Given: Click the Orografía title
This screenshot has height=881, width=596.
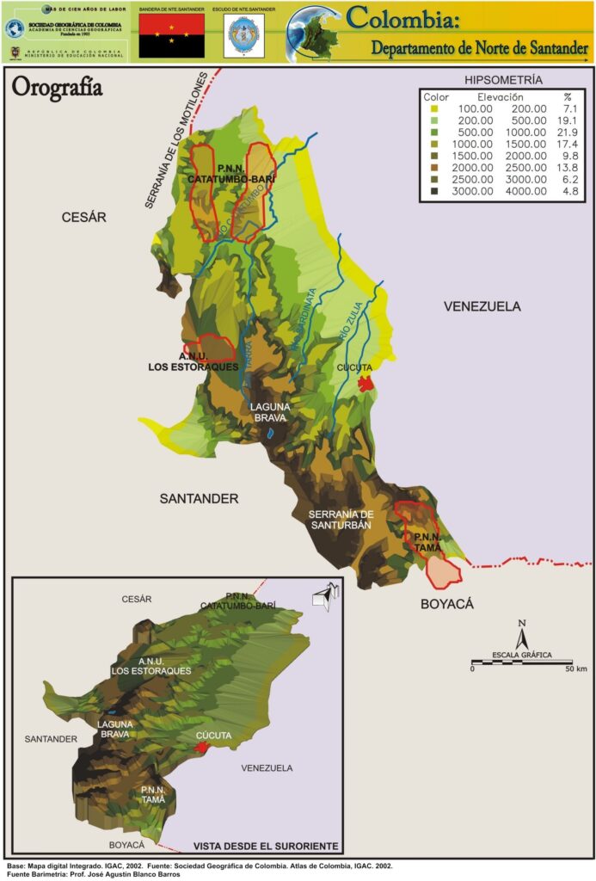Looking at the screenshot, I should click(57, 87).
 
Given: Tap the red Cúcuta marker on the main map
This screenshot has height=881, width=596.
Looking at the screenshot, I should click(366, 383).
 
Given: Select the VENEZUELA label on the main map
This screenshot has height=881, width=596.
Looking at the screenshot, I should click(482, 306).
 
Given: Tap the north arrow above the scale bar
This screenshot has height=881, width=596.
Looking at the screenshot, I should click(520, 637).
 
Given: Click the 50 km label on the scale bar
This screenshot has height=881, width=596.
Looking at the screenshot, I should click(575, 668).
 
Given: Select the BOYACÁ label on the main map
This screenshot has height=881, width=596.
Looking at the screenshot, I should click(447, 605).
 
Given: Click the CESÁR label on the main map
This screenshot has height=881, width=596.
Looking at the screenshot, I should click(83, 218).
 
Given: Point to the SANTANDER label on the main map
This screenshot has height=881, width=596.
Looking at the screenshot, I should click(199, 498).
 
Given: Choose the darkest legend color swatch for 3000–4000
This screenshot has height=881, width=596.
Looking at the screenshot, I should click(434, 192).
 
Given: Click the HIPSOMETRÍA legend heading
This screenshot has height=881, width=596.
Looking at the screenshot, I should click(503, 80).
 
